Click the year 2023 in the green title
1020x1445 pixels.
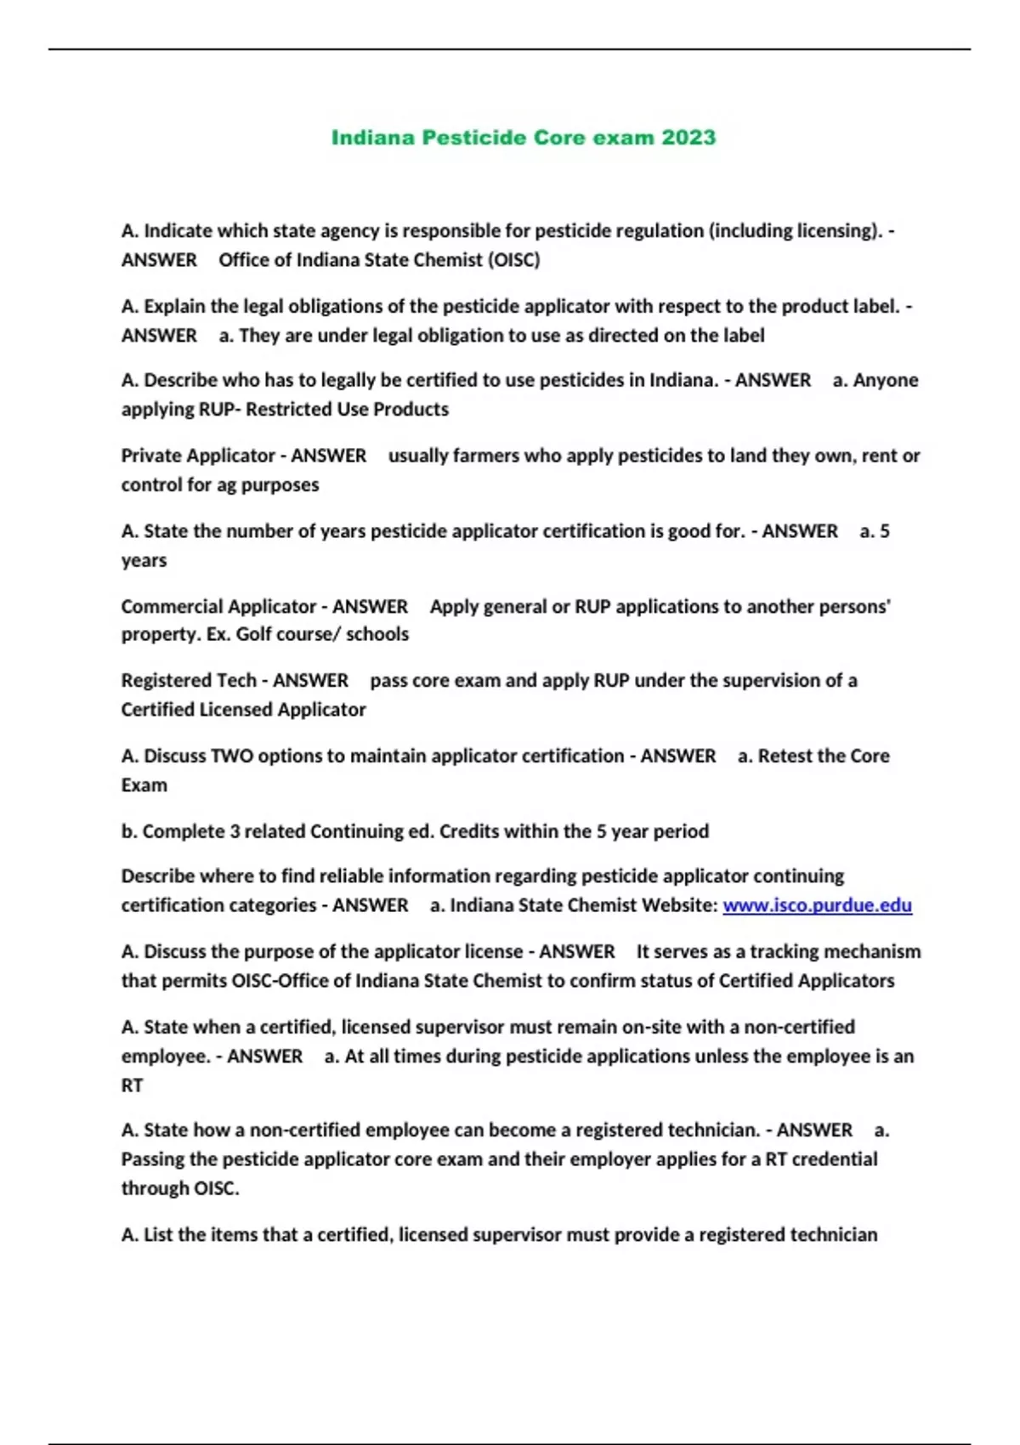688,138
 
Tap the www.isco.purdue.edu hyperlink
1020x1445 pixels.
817,905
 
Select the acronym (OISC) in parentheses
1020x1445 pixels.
513,260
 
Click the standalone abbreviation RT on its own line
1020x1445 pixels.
132,1085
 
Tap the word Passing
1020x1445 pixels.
156,1159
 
